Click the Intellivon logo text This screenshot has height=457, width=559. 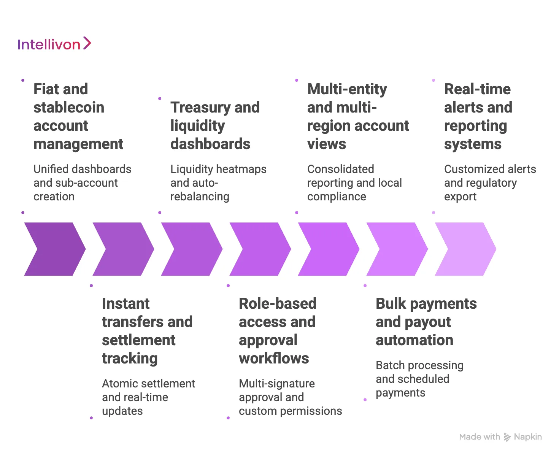coord(49,44)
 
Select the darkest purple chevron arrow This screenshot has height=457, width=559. coord(55,249)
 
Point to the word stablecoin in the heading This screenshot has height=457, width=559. coord(69,108)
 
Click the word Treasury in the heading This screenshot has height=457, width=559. coord(200,108)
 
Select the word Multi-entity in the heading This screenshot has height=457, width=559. coord(347,89)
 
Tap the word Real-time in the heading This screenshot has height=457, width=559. coord(477,89)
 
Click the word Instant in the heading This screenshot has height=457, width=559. coord(125,304)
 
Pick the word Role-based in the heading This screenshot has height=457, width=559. coord(278,304)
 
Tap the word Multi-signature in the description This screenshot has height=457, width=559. coord(276,384)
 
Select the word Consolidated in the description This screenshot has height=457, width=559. coord(340,169)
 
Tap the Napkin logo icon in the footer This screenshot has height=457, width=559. coord(507,437)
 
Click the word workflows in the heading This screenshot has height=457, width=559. coord(274,359)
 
